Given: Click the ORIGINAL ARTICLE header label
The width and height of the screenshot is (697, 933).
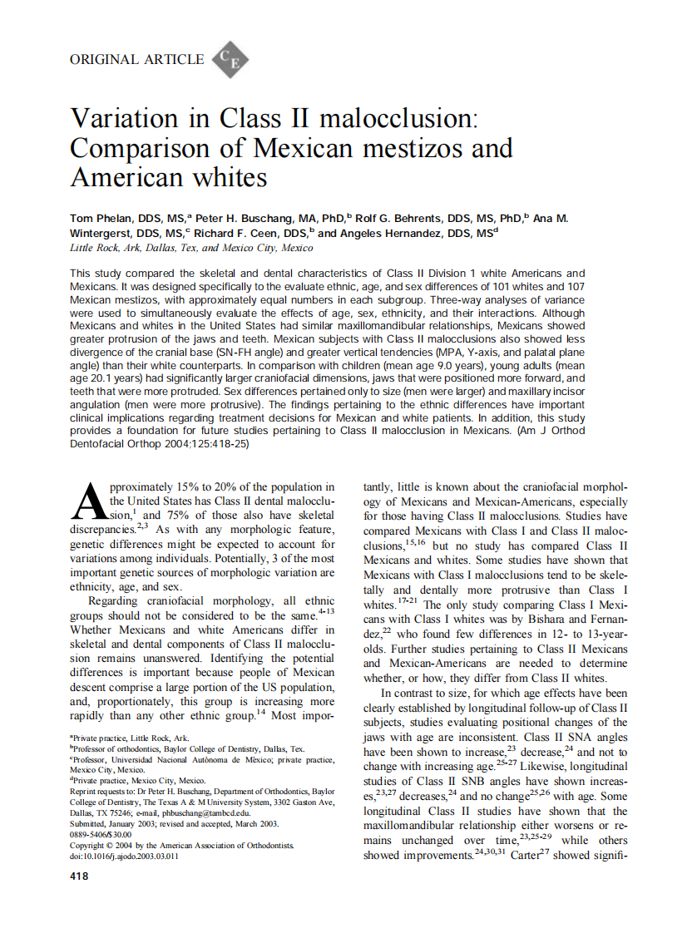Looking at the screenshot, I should tap(137, 59).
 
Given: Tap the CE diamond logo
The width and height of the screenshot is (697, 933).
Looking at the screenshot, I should tap(230, 60).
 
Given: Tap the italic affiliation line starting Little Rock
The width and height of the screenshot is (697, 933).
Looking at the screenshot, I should tap(191, 248).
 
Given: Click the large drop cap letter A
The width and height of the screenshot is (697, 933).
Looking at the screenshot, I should tap(88, 501).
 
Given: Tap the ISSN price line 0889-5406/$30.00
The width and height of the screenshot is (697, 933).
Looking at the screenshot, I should tap(101, 834).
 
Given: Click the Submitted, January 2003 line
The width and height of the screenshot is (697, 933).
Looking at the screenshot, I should tap(175, 823).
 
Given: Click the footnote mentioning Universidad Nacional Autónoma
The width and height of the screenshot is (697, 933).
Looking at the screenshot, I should tap(203, 759).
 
